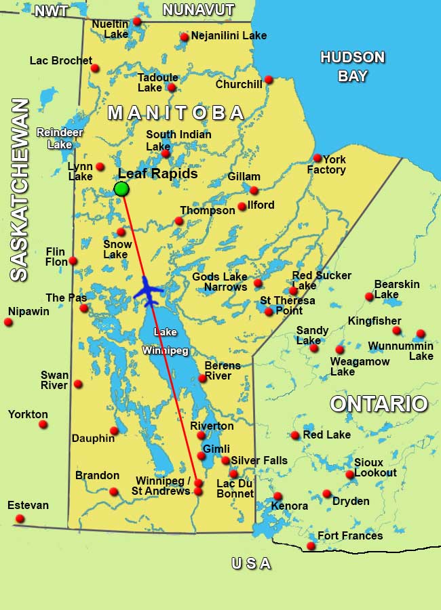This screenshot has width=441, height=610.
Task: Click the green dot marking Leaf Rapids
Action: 121,189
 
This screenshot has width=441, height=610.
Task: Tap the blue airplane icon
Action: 149,291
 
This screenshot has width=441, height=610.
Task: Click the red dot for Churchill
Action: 269,79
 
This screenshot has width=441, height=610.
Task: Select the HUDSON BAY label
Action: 352,66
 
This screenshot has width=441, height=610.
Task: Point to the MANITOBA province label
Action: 176,113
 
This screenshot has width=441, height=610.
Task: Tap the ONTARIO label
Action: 379,404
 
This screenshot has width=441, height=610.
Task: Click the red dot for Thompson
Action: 179,221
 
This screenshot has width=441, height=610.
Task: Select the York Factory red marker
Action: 317,159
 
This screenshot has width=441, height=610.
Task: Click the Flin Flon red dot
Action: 73,261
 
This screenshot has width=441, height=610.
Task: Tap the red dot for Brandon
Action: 114,491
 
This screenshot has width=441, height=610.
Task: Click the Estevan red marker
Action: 20,518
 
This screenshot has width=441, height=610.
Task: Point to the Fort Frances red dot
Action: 311,546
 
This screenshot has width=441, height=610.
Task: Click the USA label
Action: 251,564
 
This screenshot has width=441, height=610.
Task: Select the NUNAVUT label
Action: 198,9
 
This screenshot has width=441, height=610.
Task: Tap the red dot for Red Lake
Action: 295,435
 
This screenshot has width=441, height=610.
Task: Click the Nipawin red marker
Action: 8,323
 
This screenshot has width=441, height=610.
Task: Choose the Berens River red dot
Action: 202,378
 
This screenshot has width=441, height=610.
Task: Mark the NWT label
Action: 52,11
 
